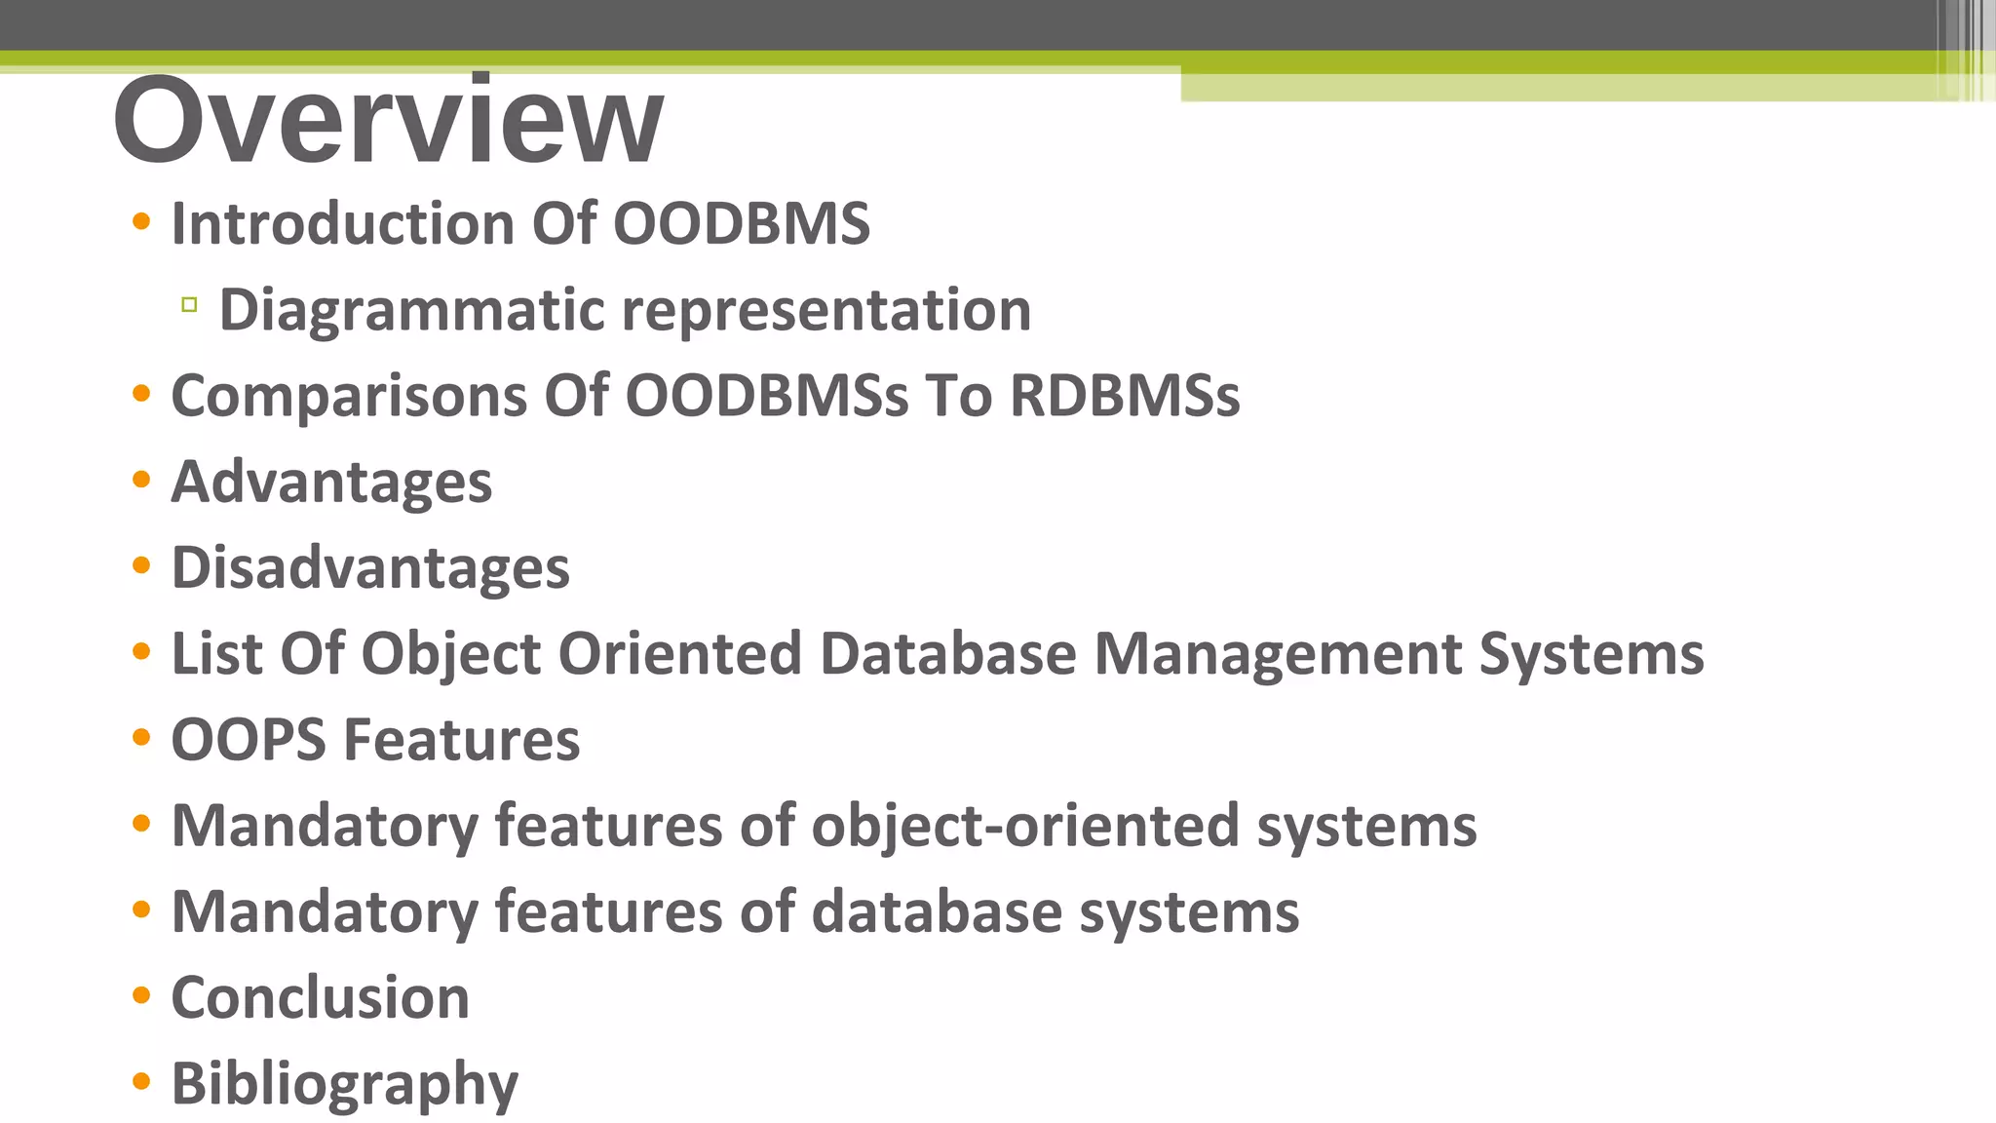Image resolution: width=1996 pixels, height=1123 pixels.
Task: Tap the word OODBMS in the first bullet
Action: (x=741, y=223)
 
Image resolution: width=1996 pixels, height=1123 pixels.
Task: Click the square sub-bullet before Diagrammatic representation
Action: (x=189, y=305)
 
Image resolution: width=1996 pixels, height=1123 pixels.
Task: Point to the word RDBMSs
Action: (x=1125, y=396)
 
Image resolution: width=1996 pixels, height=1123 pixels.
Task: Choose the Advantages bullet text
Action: (x=331, y=482)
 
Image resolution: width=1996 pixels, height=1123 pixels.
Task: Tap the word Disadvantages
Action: (x=370, y=567)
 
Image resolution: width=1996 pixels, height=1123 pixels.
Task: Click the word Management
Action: (x=1277, y=653)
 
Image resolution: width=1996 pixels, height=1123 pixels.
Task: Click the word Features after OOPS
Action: (x=462, y=739)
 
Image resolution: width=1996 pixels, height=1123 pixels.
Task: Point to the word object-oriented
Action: (x=1025, y=826)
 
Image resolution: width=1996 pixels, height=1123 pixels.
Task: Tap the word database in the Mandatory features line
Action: (x=937, y=911)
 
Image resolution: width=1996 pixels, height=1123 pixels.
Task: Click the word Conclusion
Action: (x=320, y=997)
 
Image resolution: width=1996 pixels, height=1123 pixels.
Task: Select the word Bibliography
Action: (x=344, y=1084)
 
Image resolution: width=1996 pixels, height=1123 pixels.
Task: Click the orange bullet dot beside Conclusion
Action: (x=141, y=995)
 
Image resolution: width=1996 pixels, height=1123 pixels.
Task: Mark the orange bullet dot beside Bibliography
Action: (x=141, y=1081)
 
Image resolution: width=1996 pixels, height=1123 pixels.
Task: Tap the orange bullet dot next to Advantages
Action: (x=141, y=480)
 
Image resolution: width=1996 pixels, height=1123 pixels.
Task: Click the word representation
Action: (x=825, y=311)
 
